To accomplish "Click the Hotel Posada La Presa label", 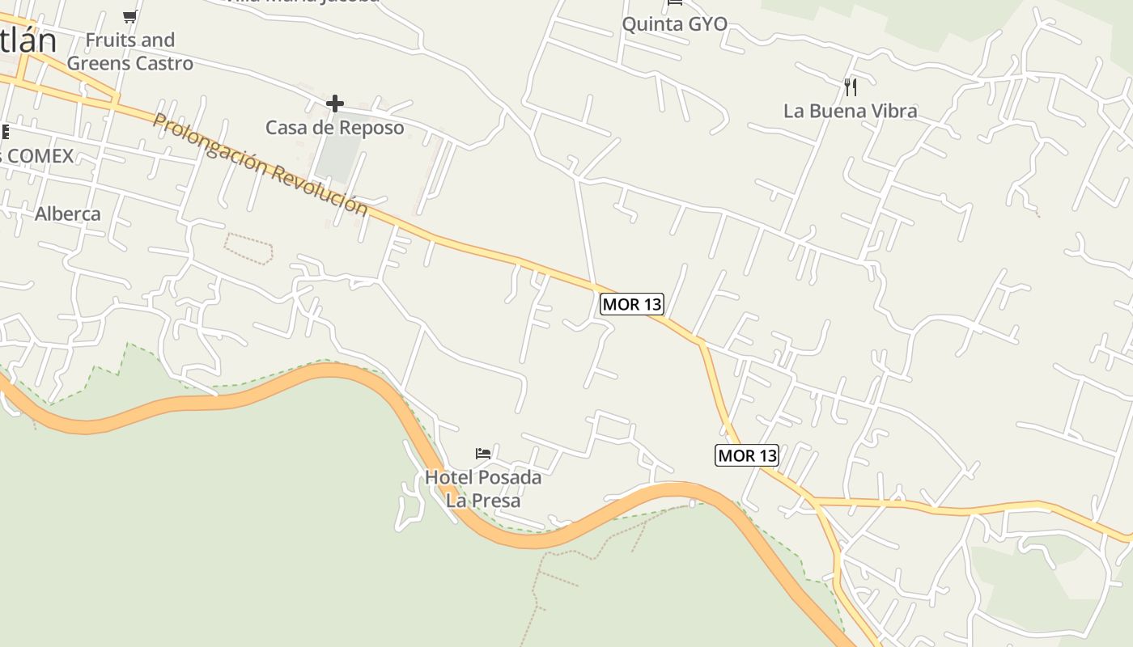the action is (483, 488).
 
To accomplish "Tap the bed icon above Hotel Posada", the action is (483, 453).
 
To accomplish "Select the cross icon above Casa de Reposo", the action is (334, 104).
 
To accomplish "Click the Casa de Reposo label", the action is (334, 128).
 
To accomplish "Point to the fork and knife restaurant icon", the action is (850, 87).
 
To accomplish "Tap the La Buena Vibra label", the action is (850, 111).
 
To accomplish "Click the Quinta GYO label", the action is (674, 24).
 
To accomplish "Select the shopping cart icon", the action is (129, 16).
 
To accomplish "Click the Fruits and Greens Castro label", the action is (130, 52).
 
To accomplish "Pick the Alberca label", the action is (68, 214).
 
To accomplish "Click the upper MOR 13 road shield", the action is (632, 304).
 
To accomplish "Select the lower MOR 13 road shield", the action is (747, 455).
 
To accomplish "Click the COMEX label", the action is (40, 155).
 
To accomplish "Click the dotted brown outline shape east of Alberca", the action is (248, 248).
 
